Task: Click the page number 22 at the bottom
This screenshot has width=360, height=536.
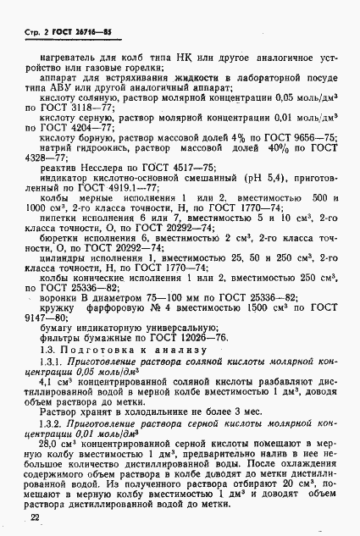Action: tap(35, 517)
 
